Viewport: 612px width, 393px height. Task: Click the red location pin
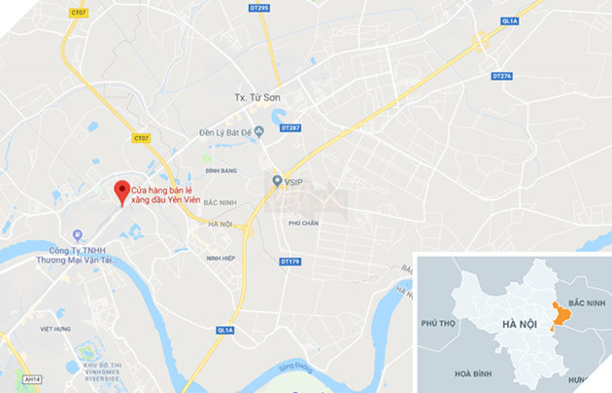click(x=121, y=191)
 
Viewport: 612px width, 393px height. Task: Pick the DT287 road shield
click(x=290, y=127)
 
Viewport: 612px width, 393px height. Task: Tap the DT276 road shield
click(x=501, y=76)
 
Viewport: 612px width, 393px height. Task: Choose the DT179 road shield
click(x=289, y=261)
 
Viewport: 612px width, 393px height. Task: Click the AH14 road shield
click(x=33, y=379)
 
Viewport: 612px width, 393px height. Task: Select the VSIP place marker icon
click(x=277, y=181)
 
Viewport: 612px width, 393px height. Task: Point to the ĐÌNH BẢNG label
click(x=221, y=170)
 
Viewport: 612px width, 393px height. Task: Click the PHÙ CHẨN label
click(x=303, y=223)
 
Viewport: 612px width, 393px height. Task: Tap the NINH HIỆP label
click(x=221, y=258)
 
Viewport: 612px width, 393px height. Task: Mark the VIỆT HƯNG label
click(x=54, y=329)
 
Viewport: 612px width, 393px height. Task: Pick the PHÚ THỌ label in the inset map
click(x=438, y=322)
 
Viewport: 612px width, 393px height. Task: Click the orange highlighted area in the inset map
click(x=559, y=317)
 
